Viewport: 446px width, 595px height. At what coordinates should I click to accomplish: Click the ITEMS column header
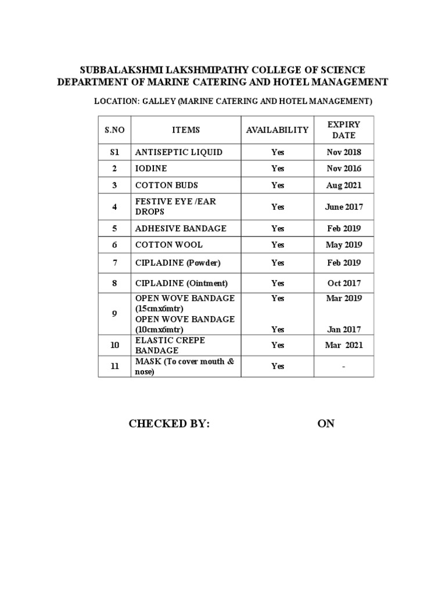pyautogui.click(x=186, y=130)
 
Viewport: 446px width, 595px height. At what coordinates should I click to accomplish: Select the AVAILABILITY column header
pyautogui.click(x=277, y=130)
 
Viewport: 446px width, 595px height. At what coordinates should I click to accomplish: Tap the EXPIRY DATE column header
pyautogui.click(x=344, y=130)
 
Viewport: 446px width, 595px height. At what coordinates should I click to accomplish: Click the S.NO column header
pyautogui.click(x=114, y=130)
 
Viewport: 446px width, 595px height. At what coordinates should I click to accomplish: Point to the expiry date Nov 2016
pyautogui.click(x=344, y=169)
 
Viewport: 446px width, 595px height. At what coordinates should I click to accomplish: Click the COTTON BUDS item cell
pyautogui.click(x=167, y=185)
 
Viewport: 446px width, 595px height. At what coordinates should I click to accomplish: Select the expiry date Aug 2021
pyautogui.click(x=344, y=185)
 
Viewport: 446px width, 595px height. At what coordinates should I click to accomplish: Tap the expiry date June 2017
pyautogui.click(x=344, y=207)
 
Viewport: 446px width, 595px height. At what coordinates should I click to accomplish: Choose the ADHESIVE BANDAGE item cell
pyautogui.click(x=181, y=228)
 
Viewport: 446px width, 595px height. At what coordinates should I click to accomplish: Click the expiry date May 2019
pyautogui.click(x=344, y=245)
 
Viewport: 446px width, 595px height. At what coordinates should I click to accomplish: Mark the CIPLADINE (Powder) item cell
pyautogui.click(x=178, y=263)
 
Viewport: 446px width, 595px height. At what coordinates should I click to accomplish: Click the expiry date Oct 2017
pyautogui.click(x=344, y=283)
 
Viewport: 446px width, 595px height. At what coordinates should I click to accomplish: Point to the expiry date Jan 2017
pyautogui.click(x=344, y=329)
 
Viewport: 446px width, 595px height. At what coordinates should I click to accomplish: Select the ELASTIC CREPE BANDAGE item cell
pyautogui.click(x=170, y=345)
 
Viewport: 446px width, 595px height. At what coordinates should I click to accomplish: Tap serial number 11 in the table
pyautogui.click(x=114, y=366)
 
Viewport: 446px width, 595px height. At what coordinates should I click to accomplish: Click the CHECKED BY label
pyautogui.click(x=169, y=424)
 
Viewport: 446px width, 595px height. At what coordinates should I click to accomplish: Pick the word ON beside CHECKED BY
pyautogui.click(x=326, y=424)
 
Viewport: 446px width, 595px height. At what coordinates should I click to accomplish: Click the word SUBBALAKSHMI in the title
pyautogui.click(x=118, y=70)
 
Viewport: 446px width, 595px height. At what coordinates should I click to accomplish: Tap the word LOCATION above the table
pyautogui.click(x=114, y=102)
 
